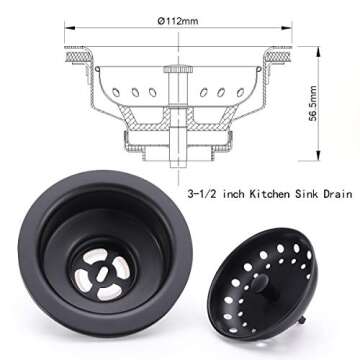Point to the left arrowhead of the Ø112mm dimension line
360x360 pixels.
(67, 30)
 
